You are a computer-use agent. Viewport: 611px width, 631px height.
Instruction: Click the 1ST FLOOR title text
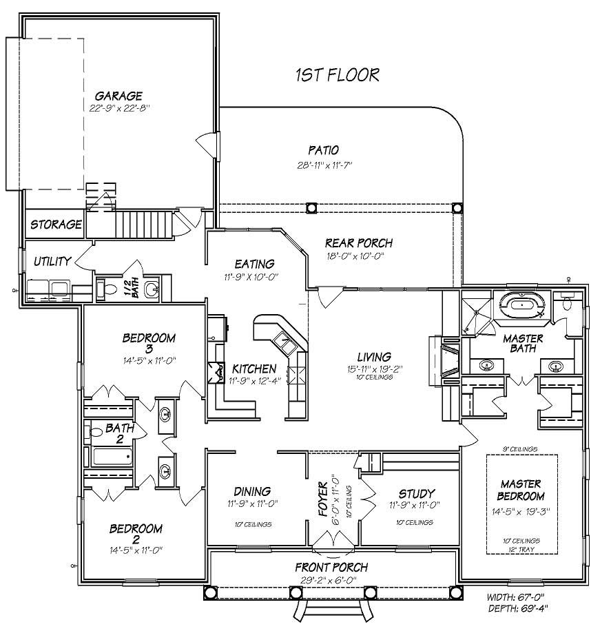pyautogui.click(x=337, y=74)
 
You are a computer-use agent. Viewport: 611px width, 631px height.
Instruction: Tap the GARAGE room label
pyautogui.click(x=118, y=96)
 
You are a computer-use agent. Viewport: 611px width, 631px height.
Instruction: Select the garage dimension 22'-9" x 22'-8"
pyautogui.click(x=118, y=107)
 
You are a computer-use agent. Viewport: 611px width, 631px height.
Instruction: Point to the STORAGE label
pyautogui.click(x=56, y=225)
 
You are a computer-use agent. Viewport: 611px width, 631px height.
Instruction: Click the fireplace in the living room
pyautogui.click(x=442, y=358)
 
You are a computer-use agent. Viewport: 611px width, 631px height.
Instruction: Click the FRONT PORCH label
pyautogui.click(x=331, y=567)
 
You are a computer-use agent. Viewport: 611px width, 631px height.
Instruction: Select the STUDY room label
pyautogui.click(x=417, y=493)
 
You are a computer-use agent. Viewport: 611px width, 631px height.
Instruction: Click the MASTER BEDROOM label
pyautogui.click(x=521, y=490)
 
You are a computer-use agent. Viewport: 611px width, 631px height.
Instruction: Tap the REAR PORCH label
pyautogui.click(x=358, y=243)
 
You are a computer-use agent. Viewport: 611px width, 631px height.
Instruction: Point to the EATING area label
pyautogui.click(x=254, y=264)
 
